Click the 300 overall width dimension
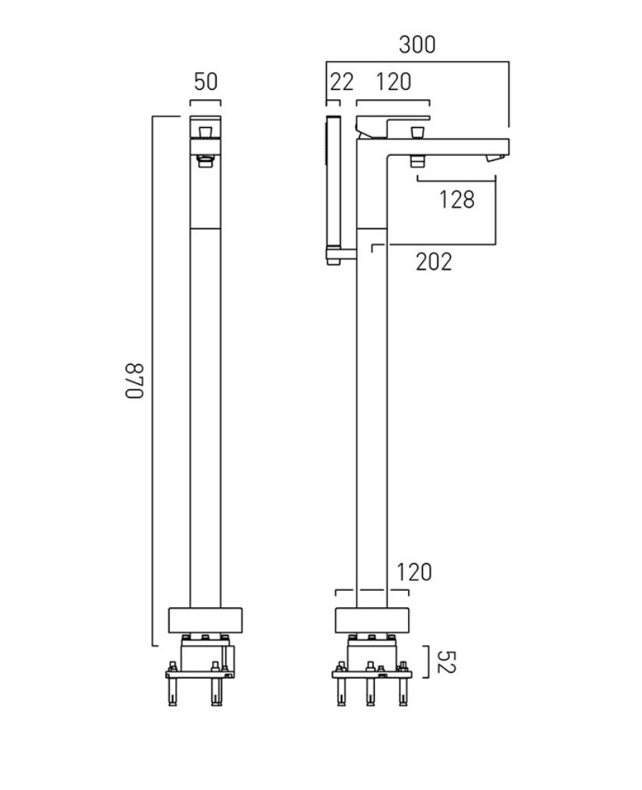tap(417, 44)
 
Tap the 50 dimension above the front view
tap(205, 81)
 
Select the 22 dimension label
tap(342, 81)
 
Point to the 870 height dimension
tap(135, 380)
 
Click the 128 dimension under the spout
tap(457, 200)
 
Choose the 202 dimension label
tap(434, 262)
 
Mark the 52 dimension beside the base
tap(446, 661)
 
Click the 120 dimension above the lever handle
tap(393, 81)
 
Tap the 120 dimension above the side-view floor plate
tap(414, 572)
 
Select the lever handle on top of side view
tap(393, 126)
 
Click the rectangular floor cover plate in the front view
tap(205, 620)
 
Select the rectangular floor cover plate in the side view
tap(372, 620)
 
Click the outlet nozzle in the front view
tap(205, 161)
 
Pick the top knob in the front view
tap(205, 132)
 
